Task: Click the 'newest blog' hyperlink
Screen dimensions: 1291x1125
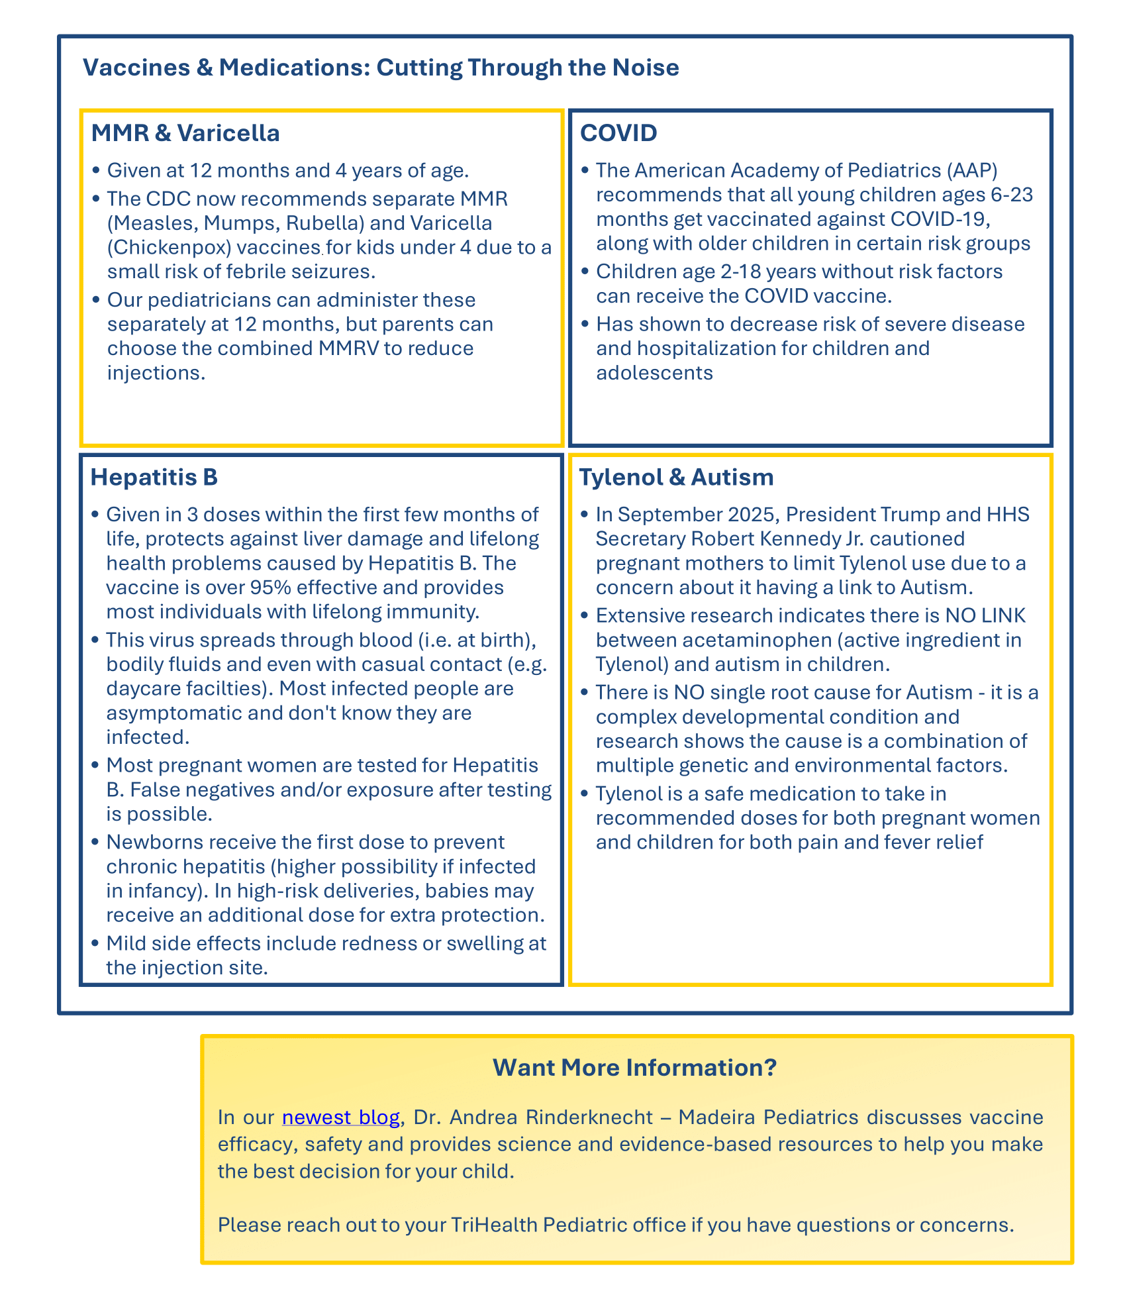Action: tap(340, 1117)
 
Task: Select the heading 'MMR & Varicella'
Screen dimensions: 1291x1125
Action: tap(185, 133)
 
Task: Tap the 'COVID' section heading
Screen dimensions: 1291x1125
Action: tap(618, 133)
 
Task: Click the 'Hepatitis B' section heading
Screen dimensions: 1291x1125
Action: tap(154, 477)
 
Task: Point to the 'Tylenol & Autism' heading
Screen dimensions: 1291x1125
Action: tap(676, 477)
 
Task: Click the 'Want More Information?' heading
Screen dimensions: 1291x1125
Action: tap(634, 1067)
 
